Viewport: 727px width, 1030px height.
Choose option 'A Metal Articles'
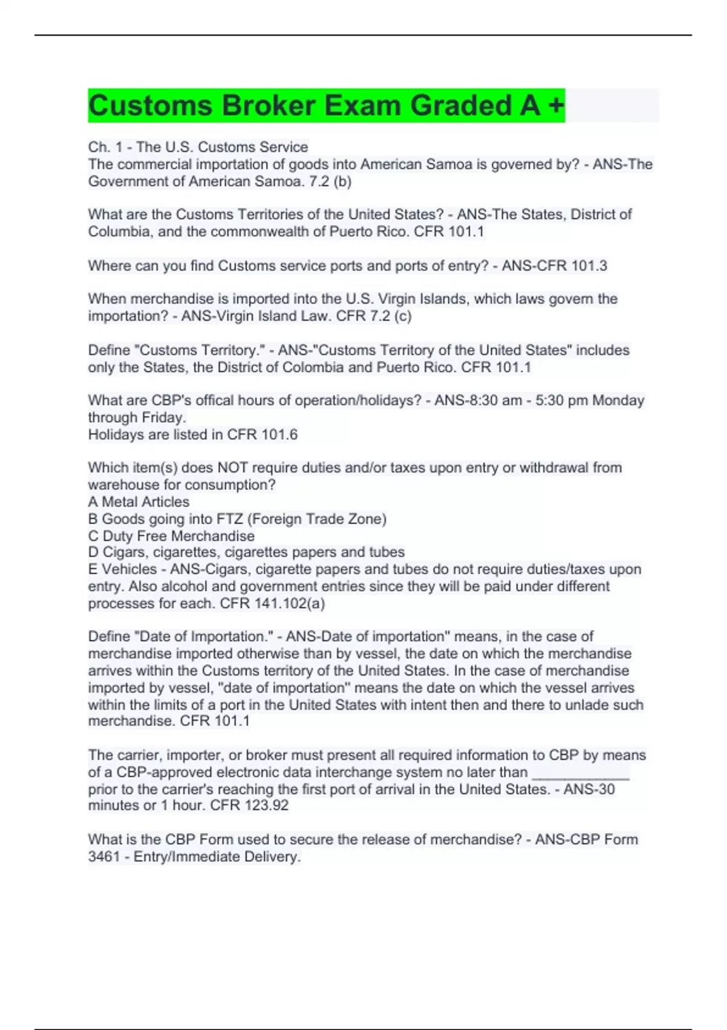139,502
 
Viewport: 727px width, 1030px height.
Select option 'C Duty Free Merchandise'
171,536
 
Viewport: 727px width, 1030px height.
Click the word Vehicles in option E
129,570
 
